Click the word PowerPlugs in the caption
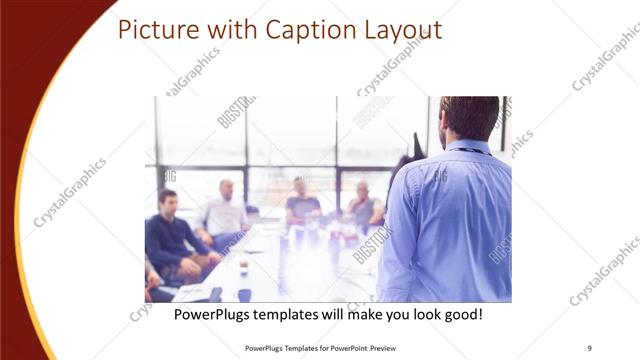point(215,314)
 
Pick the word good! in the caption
point(461,314)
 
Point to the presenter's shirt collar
point(469,147)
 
